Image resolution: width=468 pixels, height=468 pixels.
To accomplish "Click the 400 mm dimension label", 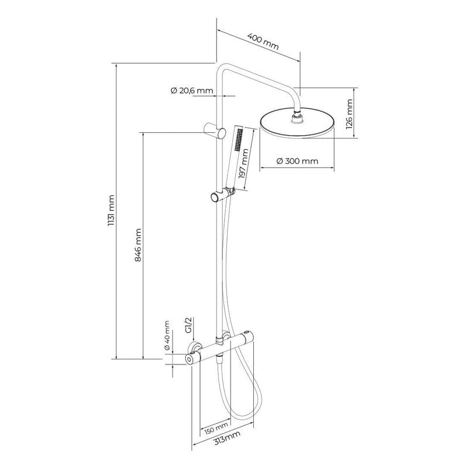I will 263,42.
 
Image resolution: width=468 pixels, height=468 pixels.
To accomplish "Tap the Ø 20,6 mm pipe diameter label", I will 191,91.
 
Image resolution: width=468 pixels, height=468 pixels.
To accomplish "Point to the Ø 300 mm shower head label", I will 297,161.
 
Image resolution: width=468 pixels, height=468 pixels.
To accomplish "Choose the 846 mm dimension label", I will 138,245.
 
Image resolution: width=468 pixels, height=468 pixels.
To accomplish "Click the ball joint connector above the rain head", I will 298,119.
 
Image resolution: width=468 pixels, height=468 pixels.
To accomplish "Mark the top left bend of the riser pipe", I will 221,67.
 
